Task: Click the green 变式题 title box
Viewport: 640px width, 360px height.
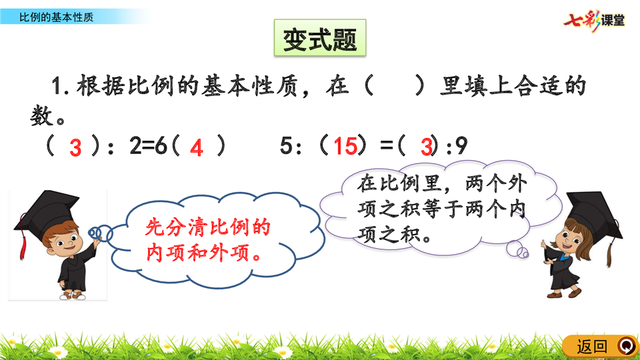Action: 320,37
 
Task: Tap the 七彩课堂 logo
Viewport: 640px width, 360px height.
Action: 594,21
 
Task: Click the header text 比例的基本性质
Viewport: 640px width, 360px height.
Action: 56,17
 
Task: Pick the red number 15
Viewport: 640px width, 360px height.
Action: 345,146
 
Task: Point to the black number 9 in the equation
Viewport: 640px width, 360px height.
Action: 461,146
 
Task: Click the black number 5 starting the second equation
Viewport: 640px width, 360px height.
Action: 286,145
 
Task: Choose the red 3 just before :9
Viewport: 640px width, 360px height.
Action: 427,147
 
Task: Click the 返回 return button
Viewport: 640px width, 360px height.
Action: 600,347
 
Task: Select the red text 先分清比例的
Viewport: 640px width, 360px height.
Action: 208,227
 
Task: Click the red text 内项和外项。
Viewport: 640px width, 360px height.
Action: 204,253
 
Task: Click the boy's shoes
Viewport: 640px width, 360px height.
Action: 73,295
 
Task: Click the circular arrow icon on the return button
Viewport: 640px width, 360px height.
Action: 627,346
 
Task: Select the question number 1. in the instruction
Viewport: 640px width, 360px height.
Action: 60,87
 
